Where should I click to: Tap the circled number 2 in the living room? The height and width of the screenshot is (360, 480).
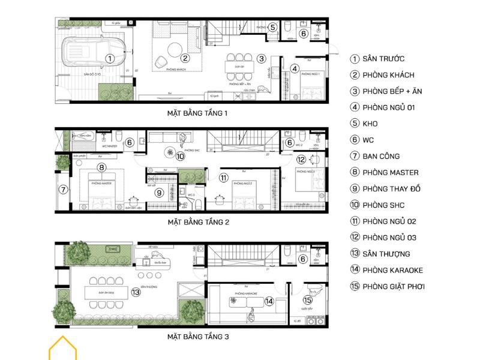click(x=185, y=58)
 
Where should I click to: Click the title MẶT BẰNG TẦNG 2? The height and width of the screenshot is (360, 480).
click(x=198, y=222)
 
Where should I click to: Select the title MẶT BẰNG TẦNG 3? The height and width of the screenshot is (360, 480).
click(x=198, y=337)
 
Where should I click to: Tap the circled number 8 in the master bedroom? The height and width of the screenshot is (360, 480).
click(x=102, y=167)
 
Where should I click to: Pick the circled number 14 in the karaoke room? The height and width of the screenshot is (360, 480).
click(x=269, y=301)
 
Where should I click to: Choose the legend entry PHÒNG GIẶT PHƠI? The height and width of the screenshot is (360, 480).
click(x=393, y=286)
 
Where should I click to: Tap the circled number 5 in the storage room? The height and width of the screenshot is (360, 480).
click(x=272, y=27)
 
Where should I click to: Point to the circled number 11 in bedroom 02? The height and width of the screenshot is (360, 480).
click(x=223, y=178)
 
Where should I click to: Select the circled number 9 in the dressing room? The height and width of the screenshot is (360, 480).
click(x=159, y=193)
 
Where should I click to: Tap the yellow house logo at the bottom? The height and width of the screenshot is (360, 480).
click(x=63, y=349)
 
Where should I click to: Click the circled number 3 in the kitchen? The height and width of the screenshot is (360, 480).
click(x=261, y=59)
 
